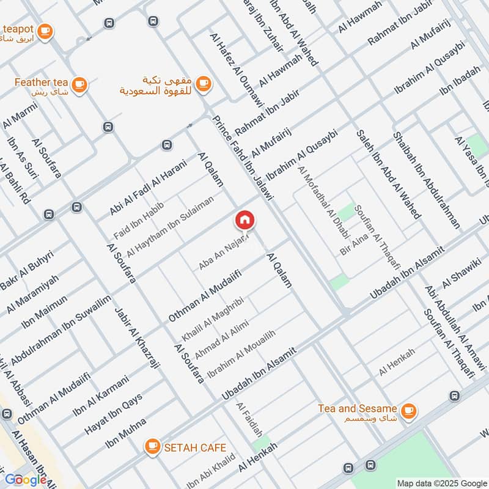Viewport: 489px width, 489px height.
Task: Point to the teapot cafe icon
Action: (45, 30)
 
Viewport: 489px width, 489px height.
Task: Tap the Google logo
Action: (26, 479)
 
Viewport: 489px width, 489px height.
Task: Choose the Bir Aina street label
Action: (354, 243)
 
